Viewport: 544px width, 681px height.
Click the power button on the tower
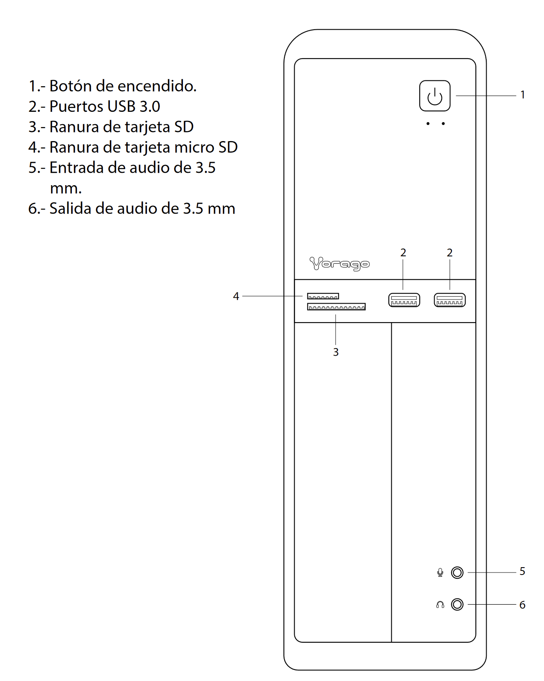(x=435, y=96)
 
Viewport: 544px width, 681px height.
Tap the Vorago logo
(x=339, y=264)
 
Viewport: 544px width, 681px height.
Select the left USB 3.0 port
(x=404, y=300)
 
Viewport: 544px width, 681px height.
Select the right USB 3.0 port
(x=449, y=300)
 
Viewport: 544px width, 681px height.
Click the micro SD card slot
(x=323, y=296)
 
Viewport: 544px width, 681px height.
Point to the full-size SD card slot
(x=336, y=306)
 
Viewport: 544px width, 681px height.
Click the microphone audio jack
(x=457, y=573)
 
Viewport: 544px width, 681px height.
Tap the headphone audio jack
(x=457, y=604)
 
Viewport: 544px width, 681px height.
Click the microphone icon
(x=440, y=573)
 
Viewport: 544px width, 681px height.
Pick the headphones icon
(x=440, y=604)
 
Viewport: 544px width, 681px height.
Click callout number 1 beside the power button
(x=523, y=95)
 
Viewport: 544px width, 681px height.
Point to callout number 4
(x=236, y=296)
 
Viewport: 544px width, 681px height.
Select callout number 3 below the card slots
(x=336, y=352)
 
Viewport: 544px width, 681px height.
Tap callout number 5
(x=522, y=571)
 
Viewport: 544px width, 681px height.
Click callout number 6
(x=522, y=605)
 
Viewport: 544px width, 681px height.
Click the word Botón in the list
(x=71, y=86)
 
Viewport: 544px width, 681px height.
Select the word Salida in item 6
(x=70, y=208)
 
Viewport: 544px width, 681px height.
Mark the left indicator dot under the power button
(x=428, y=123)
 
